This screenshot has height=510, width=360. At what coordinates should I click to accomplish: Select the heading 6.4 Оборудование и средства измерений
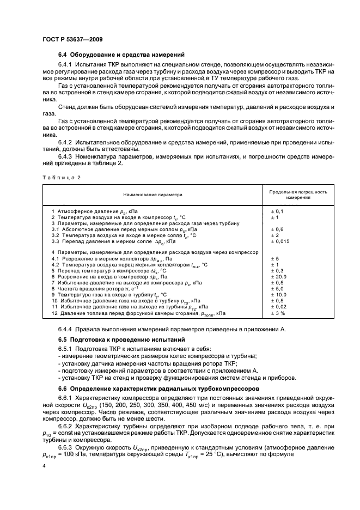point(121,55)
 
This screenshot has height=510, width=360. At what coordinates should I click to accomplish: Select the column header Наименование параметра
point(153,194)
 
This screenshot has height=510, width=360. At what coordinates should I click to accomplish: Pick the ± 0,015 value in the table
point(280,241)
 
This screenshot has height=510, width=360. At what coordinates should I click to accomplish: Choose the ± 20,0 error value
point(278,277)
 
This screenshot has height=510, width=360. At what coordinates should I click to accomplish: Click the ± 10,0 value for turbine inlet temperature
point(278,295)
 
